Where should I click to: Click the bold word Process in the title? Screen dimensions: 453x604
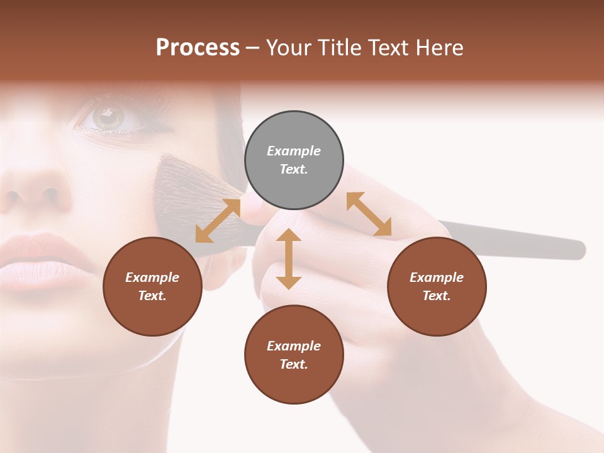point(198,48)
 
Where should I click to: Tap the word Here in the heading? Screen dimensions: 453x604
point(439,48)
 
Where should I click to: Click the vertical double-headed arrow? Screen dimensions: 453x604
point(289,259)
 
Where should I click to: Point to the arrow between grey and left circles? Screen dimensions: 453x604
point(218,220)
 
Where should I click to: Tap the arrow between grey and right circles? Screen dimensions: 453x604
point(369,214)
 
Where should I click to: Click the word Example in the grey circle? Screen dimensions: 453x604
point(294,151)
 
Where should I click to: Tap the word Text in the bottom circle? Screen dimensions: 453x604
point(294,364)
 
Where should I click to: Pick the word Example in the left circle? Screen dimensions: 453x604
point(152,277)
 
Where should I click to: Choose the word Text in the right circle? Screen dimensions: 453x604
point(437,296)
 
